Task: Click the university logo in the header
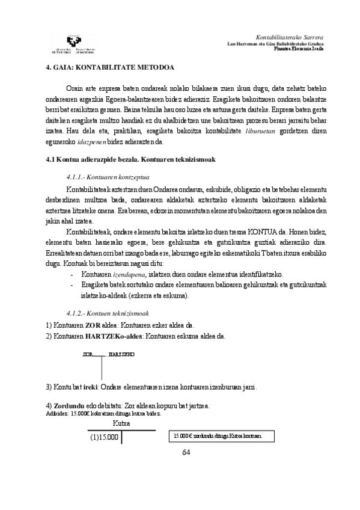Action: pyautogui.click(x=72, y=43)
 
